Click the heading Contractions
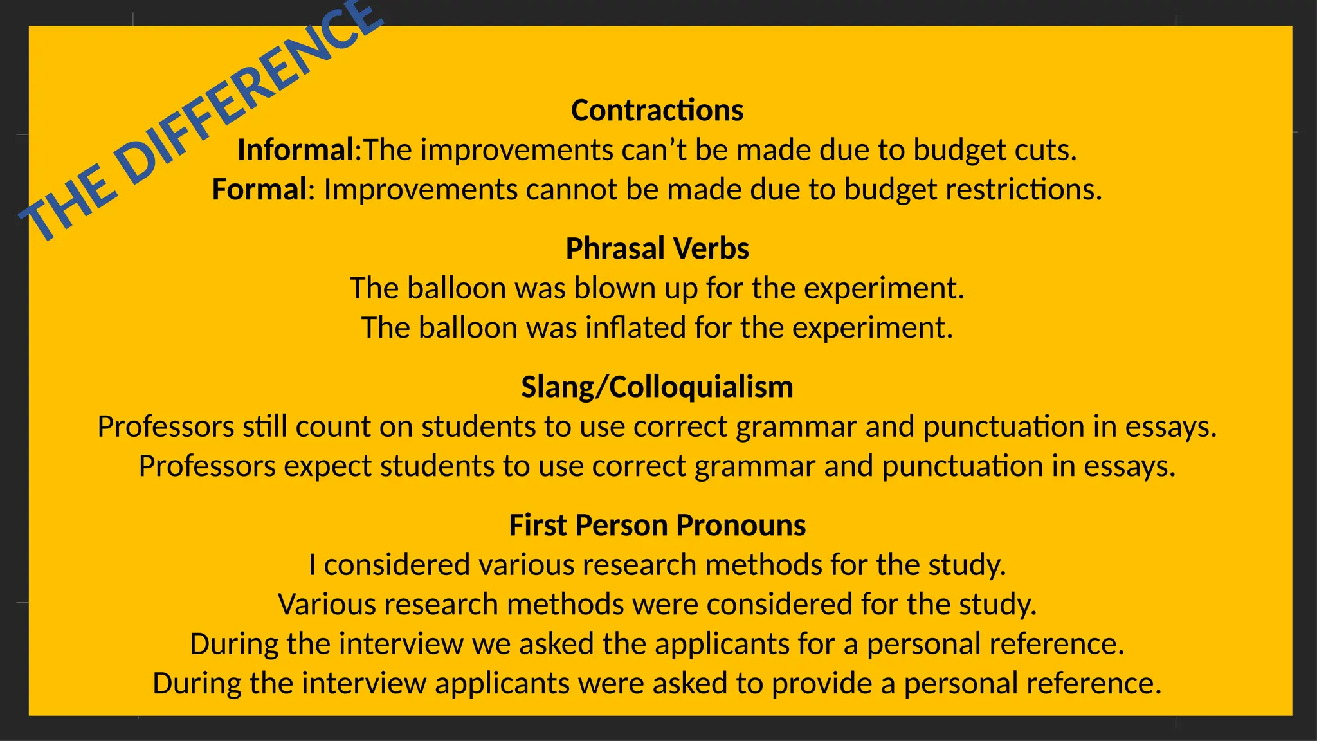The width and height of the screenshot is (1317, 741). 657,111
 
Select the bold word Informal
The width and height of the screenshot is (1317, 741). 295,151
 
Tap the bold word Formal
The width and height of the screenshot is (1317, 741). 259,190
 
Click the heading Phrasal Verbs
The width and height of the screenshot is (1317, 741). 657,249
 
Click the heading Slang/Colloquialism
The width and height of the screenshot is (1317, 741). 657,387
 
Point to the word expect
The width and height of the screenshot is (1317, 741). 327,466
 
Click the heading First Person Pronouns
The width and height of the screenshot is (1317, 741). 657,526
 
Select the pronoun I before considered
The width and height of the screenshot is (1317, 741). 312,565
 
